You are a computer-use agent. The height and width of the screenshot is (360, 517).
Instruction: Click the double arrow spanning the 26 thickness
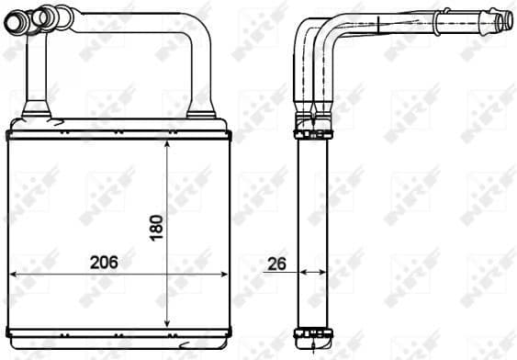pyautogui.click(x=313, y=272)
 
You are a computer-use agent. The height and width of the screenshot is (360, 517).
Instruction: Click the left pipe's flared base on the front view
pyautogui.click(x=36, y=112)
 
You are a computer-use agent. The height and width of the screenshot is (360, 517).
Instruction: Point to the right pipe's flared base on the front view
pyautogui.click(x=201, y=112)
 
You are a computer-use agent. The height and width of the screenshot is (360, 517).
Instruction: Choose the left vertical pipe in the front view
pyautogui.click(x=35, y=73)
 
